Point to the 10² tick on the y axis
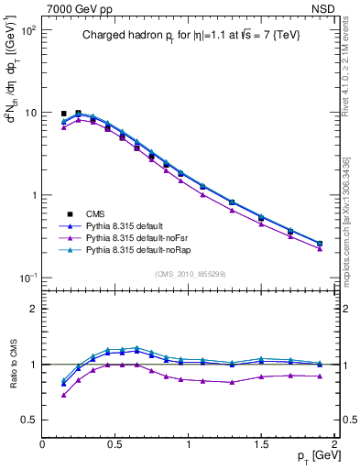[30, 30]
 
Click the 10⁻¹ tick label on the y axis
[29, 278]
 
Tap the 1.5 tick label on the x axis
[261, 443]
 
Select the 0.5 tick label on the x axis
[115, 443]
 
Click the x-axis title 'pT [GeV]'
[311, 456]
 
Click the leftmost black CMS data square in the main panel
[63, 114]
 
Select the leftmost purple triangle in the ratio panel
[63, 395]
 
